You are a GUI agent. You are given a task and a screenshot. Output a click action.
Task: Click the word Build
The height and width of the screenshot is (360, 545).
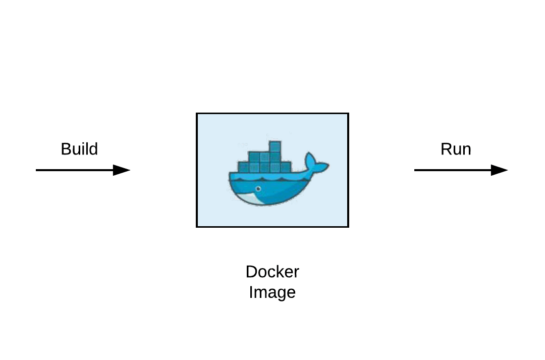pos(79,149)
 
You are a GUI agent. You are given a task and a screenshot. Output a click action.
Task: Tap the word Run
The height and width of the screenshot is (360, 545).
pos(456,149)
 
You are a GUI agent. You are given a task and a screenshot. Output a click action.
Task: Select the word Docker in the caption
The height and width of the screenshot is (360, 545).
pos(272,272)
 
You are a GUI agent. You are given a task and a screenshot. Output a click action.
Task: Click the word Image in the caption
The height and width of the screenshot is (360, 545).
pos(272,293)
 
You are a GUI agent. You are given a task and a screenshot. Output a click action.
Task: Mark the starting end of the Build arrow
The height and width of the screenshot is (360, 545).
pos(37,170)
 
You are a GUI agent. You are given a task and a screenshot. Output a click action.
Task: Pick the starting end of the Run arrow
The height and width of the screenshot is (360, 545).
pos(415,170)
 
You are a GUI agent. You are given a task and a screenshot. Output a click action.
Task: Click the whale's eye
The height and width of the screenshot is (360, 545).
pos(258,189)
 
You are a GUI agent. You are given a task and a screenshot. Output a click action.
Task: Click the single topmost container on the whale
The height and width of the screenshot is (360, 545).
pos(275,146)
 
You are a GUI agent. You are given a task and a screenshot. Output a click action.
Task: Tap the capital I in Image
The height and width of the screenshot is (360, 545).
pos(251,293)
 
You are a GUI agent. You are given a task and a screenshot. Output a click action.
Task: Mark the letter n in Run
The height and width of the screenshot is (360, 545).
pos(467,150)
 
